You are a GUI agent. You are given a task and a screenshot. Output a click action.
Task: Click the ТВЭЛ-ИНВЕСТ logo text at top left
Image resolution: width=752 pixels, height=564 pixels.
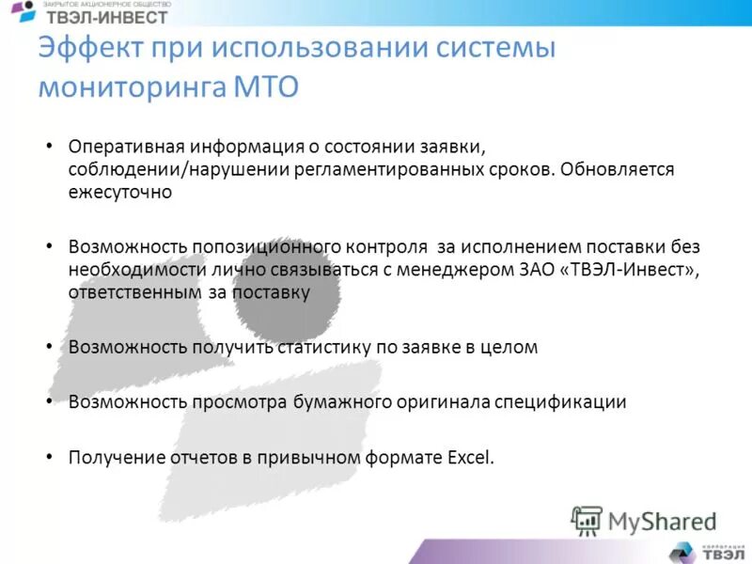[107, 17]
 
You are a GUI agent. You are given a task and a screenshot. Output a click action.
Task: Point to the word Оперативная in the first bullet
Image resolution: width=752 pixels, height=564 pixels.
[126, 148]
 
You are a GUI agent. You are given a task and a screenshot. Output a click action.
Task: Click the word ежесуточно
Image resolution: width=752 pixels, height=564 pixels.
[119, 193]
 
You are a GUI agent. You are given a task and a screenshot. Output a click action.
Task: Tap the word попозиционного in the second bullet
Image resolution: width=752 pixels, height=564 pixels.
[266, 247]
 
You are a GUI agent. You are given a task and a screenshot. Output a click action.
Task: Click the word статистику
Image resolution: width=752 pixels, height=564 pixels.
[324, 347]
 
